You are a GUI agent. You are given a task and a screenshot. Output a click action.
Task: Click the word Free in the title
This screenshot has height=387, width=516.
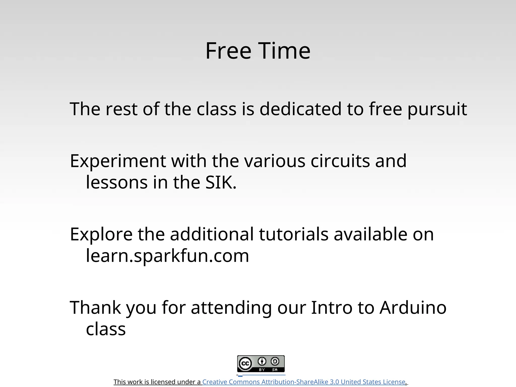tap(228, 51)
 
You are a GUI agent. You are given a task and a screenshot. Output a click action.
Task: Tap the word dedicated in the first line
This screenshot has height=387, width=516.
tap(300, 109)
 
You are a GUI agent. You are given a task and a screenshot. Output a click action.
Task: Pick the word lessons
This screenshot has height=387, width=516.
tap(117, 182)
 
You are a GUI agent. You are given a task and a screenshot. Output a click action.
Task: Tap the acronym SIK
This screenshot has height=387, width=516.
tap(221, 182)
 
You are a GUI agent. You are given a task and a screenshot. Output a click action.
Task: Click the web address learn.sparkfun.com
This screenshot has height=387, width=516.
tap(167, 256)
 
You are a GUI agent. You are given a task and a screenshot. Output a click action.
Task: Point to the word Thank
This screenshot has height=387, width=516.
tap(95, 308)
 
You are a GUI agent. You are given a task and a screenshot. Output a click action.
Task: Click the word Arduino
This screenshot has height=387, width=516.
tap(413, 308)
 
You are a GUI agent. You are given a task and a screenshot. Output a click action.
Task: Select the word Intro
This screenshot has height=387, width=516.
tap(332, 308)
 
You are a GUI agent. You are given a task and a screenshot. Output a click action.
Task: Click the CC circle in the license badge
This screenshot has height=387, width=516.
tap(245, 364)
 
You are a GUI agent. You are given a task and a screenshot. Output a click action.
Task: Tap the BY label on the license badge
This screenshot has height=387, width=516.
tap(262, 370)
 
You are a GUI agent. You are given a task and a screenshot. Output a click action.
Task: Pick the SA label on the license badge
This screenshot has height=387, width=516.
tap(275, 370)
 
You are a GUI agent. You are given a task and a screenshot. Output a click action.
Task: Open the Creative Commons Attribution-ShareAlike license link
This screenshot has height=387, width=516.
tap(304, 382)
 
